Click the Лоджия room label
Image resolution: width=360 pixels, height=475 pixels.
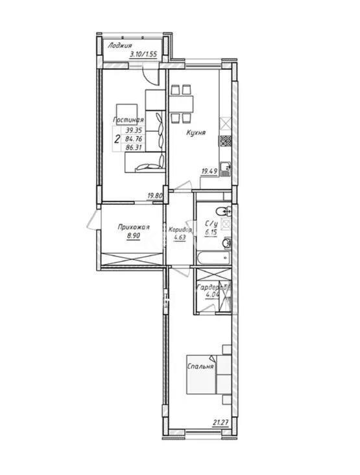point(121,46)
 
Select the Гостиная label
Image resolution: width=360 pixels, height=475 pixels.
point(128,121)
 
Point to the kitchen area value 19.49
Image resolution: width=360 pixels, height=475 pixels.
point(209,171)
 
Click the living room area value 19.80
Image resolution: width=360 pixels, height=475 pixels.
point(154,195)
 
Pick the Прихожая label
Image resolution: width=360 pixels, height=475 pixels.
point(134,227)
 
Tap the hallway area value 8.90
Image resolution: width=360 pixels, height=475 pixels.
point(134,237)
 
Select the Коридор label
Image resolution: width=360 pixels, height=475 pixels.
point(180,230)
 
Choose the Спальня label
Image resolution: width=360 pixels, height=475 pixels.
point(201,367)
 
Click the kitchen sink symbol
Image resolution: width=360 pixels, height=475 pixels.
point(226,169)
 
